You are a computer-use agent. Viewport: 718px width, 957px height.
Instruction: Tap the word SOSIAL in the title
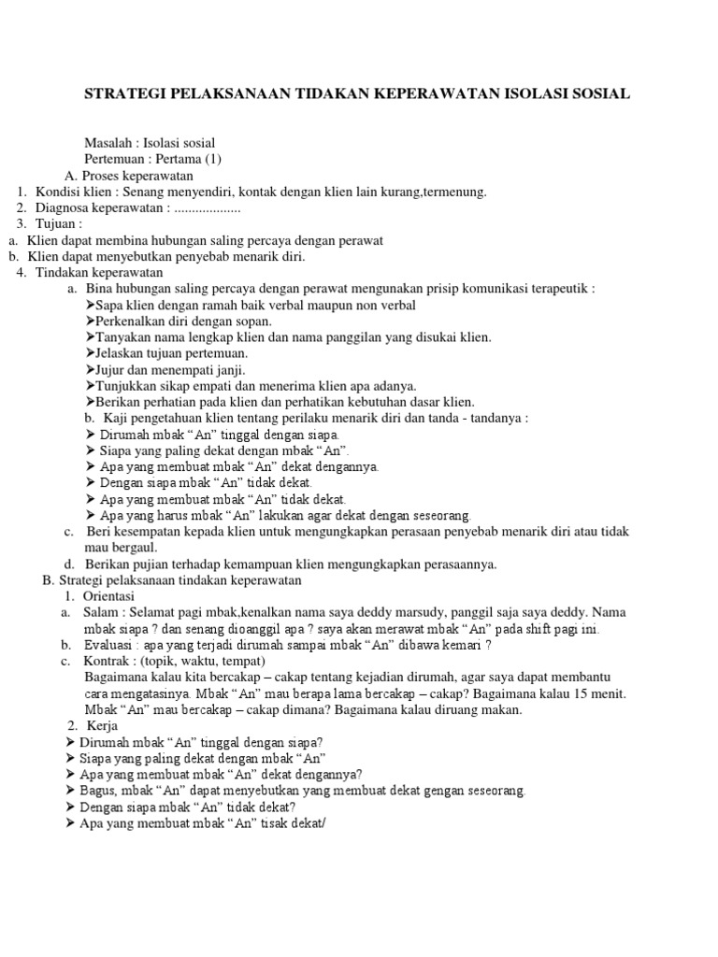click(x=600, y=93)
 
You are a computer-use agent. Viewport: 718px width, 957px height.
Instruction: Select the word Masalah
click(x=106, y=143)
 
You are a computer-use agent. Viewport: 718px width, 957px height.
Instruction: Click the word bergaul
click(x=136, y=547)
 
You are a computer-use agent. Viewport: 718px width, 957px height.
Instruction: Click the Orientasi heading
click(x=109, y=595)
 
